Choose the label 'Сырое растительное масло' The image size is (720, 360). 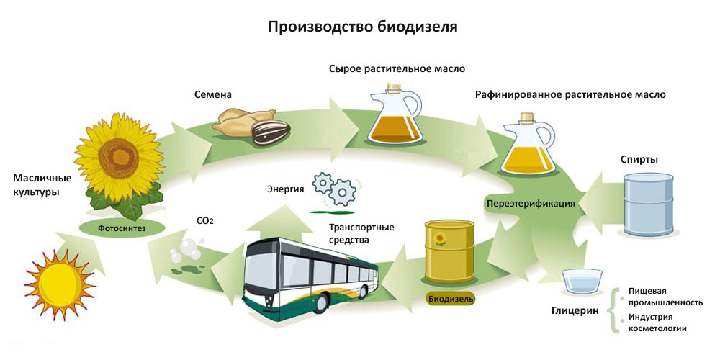tap(397, 69)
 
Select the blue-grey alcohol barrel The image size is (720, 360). tap(648, 205)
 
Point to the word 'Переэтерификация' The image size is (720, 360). tap(531, 204)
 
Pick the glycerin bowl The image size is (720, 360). tap(581, 281)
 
